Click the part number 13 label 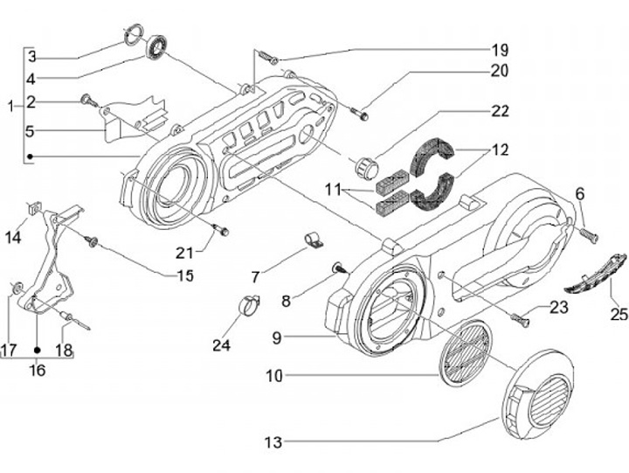[x=273, y=443]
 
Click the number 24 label [x=222, y=345]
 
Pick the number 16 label [x=37, y=369]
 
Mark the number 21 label [x=183, y=254]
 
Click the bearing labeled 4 [x=159, y=44]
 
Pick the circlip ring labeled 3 [x=134, y=35]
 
